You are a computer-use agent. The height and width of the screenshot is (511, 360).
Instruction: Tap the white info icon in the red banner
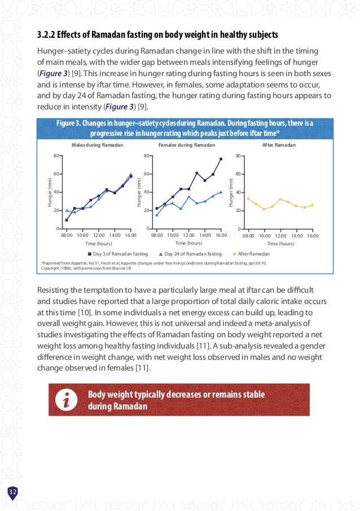pos(67,400)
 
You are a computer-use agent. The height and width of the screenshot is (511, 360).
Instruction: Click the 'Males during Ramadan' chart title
pos(97,145)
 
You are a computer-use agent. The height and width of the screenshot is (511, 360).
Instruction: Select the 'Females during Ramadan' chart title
pos(187,145)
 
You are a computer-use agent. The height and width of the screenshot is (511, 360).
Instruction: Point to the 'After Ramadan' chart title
pos(279,145)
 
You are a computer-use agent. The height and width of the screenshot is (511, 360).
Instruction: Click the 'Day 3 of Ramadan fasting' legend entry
pos(118,254)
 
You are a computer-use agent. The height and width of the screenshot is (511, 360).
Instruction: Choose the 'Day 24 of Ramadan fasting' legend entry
pos(190,254)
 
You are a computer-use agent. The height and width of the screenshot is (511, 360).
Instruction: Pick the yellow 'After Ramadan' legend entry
pos(251,254)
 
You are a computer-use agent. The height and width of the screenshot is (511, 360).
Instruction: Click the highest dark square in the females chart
pos(221,159)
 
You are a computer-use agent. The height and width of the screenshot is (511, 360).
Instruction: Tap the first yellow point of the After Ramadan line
pos(248,199)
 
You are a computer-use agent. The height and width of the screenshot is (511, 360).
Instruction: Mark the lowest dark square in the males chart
pos(67,221)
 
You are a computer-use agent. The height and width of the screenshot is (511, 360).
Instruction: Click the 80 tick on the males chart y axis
pos(56,156)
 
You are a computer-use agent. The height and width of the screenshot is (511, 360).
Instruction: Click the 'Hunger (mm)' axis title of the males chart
pos(50,192)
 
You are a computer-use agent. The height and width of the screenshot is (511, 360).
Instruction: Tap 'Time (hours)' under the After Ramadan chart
pos(280,244)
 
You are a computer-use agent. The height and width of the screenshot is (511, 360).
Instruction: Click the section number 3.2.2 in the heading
pos(46,34)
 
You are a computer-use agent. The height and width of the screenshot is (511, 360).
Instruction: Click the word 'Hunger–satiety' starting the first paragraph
pos(64,51)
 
